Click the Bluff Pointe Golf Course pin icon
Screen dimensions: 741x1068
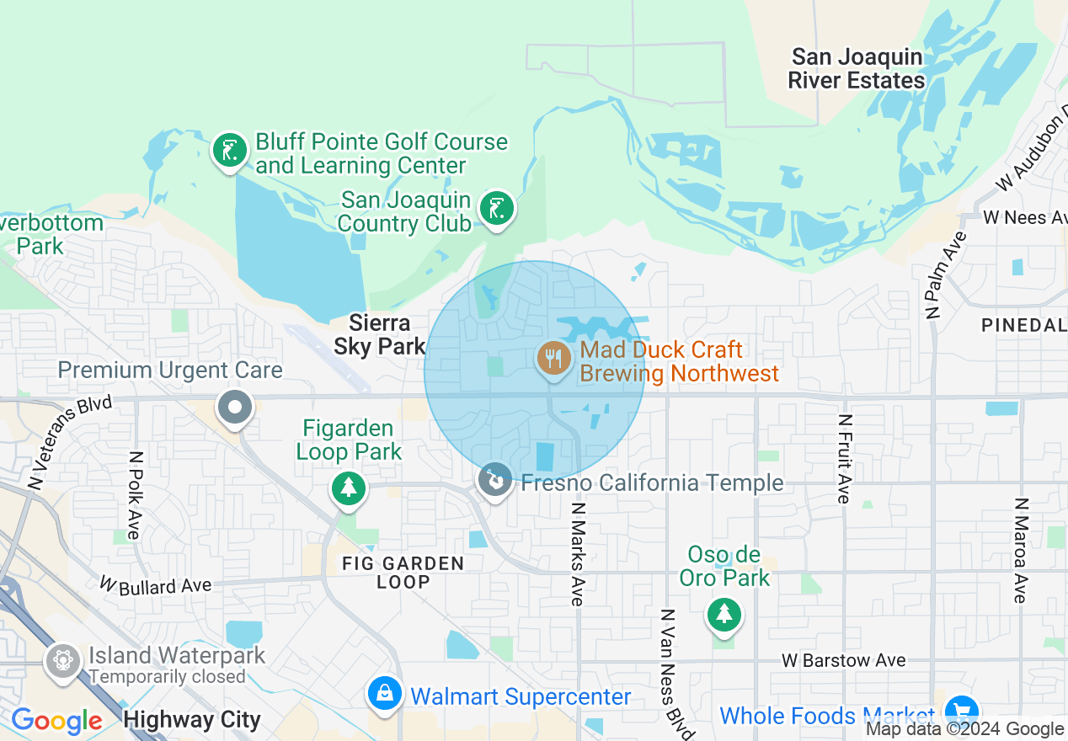[228, 152]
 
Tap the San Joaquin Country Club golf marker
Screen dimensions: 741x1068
[496, 208]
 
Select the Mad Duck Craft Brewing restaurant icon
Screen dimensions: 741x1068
[553, 360]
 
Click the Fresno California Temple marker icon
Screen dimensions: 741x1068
[496, 481]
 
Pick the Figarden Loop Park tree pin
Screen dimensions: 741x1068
[349, 488]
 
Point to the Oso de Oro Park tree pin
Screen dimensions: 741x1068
[724, 614]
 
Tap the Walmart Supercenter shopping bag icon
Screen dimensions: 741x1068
[384, 694]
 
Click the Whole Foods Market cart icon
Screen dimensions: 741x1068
[960, 710]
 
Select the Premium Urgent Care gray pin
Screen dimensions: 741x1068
[235, 408]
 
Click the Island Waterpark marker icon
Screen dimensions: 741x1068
[63, 660]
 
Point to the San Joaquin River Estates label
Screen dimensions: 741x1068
[857, 69]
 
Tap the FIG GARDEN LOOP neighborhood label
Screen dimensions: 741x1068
[403, 573]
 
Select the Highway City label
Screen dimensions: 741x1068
[192, 720]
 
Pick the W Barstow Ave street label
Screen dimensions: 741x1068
[843, 660]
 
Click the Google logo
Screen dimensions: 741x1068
[56, 722]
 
